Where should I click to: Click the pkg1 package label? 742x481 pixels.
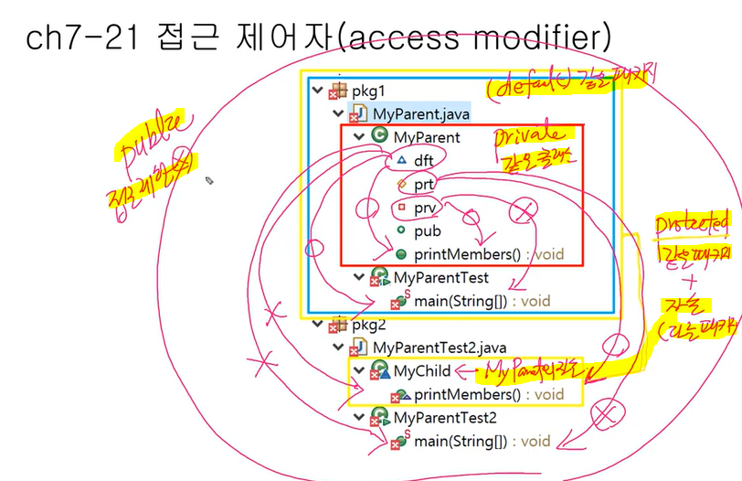(x=369, y=91)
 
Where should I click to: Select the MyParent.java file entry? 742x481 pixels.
(x=420, y=113)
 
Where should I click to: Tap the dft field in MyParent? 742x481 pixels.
(x=423, y=160)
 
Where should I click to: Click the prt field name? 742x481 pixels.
(x=423, y=184)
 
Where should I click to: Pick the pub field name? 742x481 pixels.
(x=427, y=231)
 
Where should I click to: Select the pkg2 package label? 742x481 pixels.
(x=370, y=324)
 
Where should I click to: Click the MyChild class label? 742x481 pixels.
(x=422, y=371)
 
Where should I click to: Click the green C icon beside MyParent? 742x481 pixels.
(x=381, y=136)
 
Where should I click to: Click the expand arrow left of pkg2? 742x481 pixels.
(x=317, y=324)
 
